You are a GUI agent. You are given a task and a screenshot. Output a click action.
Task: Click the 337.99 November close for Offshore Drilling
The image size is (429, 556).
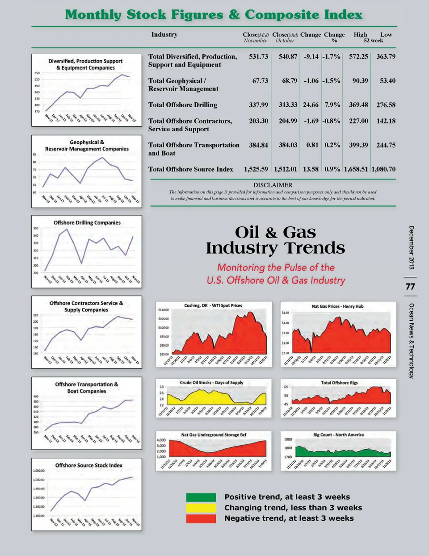258,105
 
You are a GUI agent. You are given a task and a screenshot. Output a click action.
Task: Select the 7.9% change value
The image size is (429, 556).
332,105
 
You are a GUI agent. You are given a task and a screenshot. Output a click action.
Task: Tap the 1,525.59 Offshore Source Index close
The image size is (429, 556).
256,169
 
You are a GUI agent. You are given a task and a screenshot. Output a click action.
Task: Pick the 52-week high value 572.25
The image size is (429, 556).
358,57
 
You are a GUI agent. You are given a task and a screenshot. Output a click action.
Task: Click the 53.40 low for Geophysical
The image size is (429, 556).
387,81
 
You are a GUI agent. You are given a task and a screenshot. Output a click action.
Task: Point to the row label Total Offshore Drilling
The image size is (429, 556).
183,105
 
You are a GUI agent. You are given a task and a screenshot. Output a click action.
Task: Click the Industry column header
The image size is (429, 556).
164,35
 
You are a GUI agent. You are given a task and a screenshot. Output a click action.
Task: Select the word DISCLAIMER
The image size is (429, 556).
273,185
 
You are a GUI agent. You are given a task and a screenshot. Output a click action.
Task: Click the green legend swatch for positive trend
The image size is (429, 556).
201,497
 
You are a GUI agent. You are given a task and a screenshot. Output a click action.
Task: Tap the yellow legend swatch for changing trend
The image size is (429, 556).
201,508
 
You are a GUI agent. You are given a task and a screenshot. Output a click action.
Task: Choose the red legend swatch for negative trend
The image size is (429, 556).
201,518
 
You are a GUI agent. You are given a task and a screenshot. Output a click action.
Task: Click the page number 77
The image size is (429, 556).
410,287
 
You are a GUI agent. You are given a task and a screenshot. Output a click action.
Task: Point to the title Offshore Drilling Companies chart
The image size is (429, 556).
87,222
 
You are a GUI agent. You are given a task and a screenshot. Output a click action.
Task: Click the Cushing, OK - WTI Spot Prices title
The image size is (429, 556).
213,305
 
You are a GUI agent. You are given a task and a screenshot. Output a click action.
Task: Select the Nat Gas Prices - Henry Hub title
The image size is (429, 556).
338,306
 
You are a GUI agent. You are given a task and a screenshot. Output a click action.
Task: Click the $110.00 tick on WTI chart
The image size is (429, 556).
163,310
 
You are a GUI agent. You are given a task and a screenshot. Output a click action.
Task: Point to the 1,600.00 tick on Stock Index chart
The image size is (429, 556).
39,471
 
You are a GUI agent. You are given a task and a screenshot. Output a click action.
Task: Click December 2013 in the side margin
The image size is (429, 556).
411,247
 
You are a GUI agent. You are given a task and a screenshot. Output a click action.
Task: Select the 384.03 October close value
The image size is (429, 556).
288,145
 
